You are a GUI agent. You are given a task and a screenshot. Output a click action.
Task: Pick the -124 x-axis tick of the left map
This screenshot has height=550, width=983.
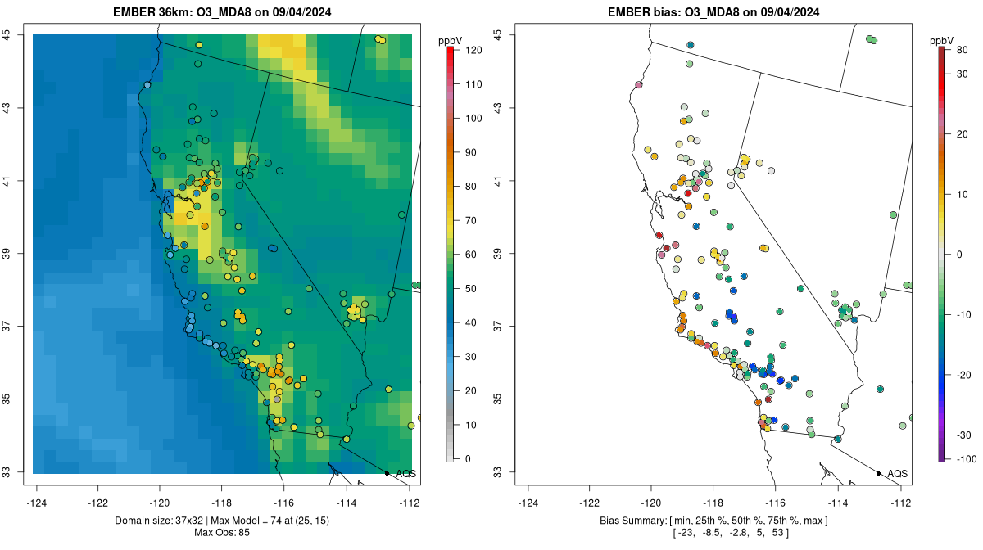point(37,503)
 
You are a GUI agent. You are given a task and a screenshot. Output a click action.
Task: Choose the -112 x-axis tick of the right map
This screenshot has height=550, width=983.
point(900,503)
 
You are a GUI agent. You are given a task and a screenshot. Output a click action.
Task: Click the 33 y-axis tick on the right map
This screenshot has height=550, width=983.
point(497,472)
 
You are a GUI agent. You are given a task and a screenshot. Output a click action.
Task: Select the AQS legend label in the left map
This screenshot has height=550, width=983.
point(405,473)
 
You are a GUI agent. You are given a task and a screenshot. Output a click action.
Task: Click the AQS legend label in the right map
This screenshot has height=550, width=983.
point(897,473)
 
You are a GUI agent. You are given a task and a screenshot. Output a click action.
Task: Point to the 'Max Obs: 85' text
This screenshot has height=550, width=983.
point(223,532)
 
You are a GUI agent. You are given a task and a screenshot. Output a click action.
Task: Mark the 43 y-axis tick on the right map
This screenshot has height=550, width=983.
point(497,107)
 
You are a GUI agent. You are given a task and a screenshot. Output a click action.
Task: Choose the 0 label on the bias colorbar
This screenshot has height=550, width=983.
point(958,254)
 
